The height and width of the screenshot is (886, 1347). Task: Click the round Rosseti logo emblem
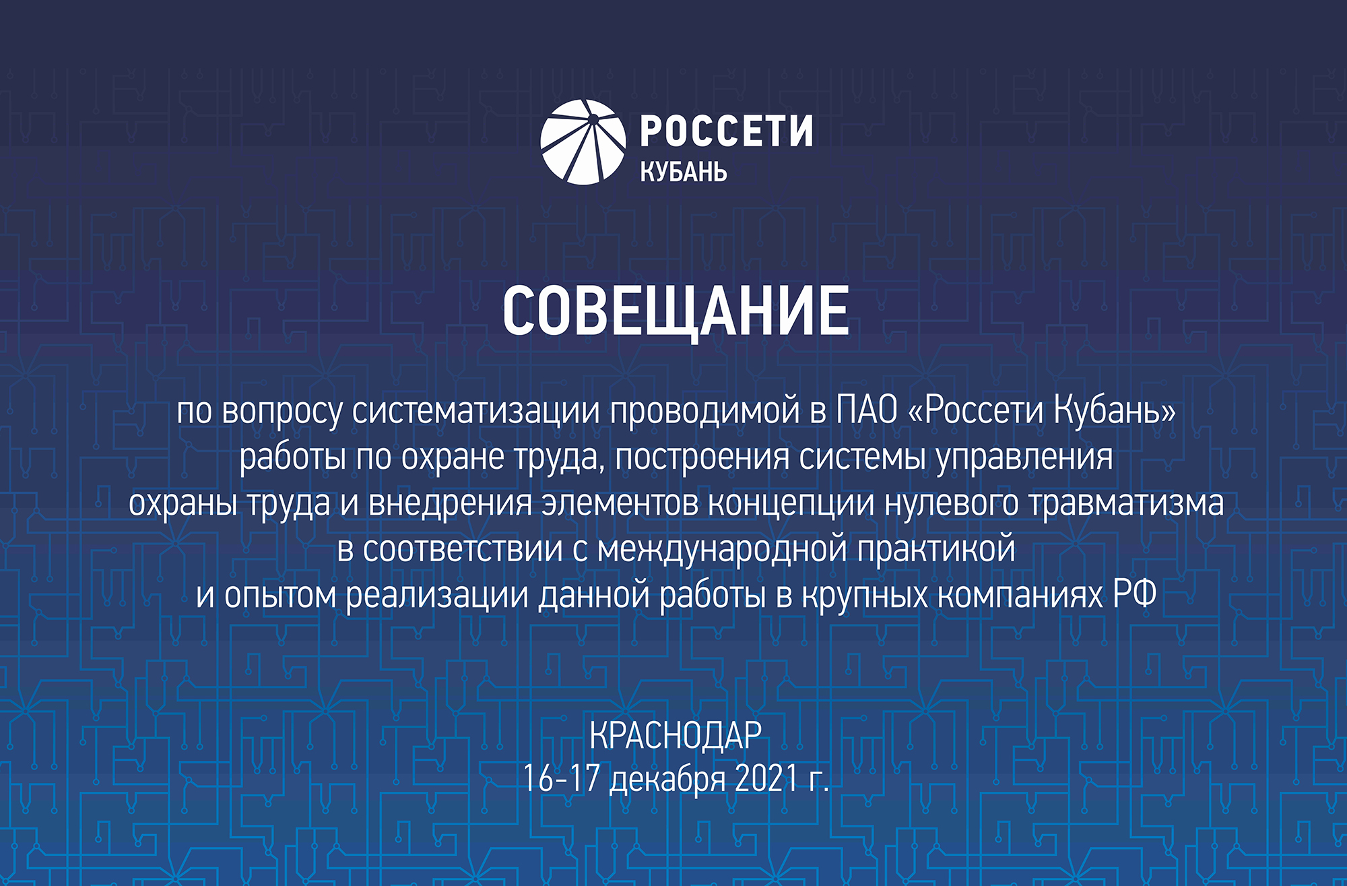coord(583,142)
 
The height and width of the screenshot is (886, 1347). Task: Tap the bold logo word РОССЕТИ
coord(726,131)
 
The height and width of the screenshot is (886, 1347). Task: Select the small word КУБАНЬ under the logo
coord(684,172)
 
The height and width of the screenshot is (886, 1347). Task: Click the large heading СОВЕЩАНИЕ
coord(676,310)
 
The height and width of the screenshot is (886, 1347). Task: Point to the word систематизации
coord(475,411)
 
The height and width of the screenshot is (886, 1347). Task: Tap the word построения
coord(702,457)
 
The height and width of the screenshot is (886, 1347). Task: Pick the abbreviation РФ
coord(1134,594)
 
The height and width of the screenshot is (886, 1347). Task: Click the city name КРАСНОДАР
coord(676,735)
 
